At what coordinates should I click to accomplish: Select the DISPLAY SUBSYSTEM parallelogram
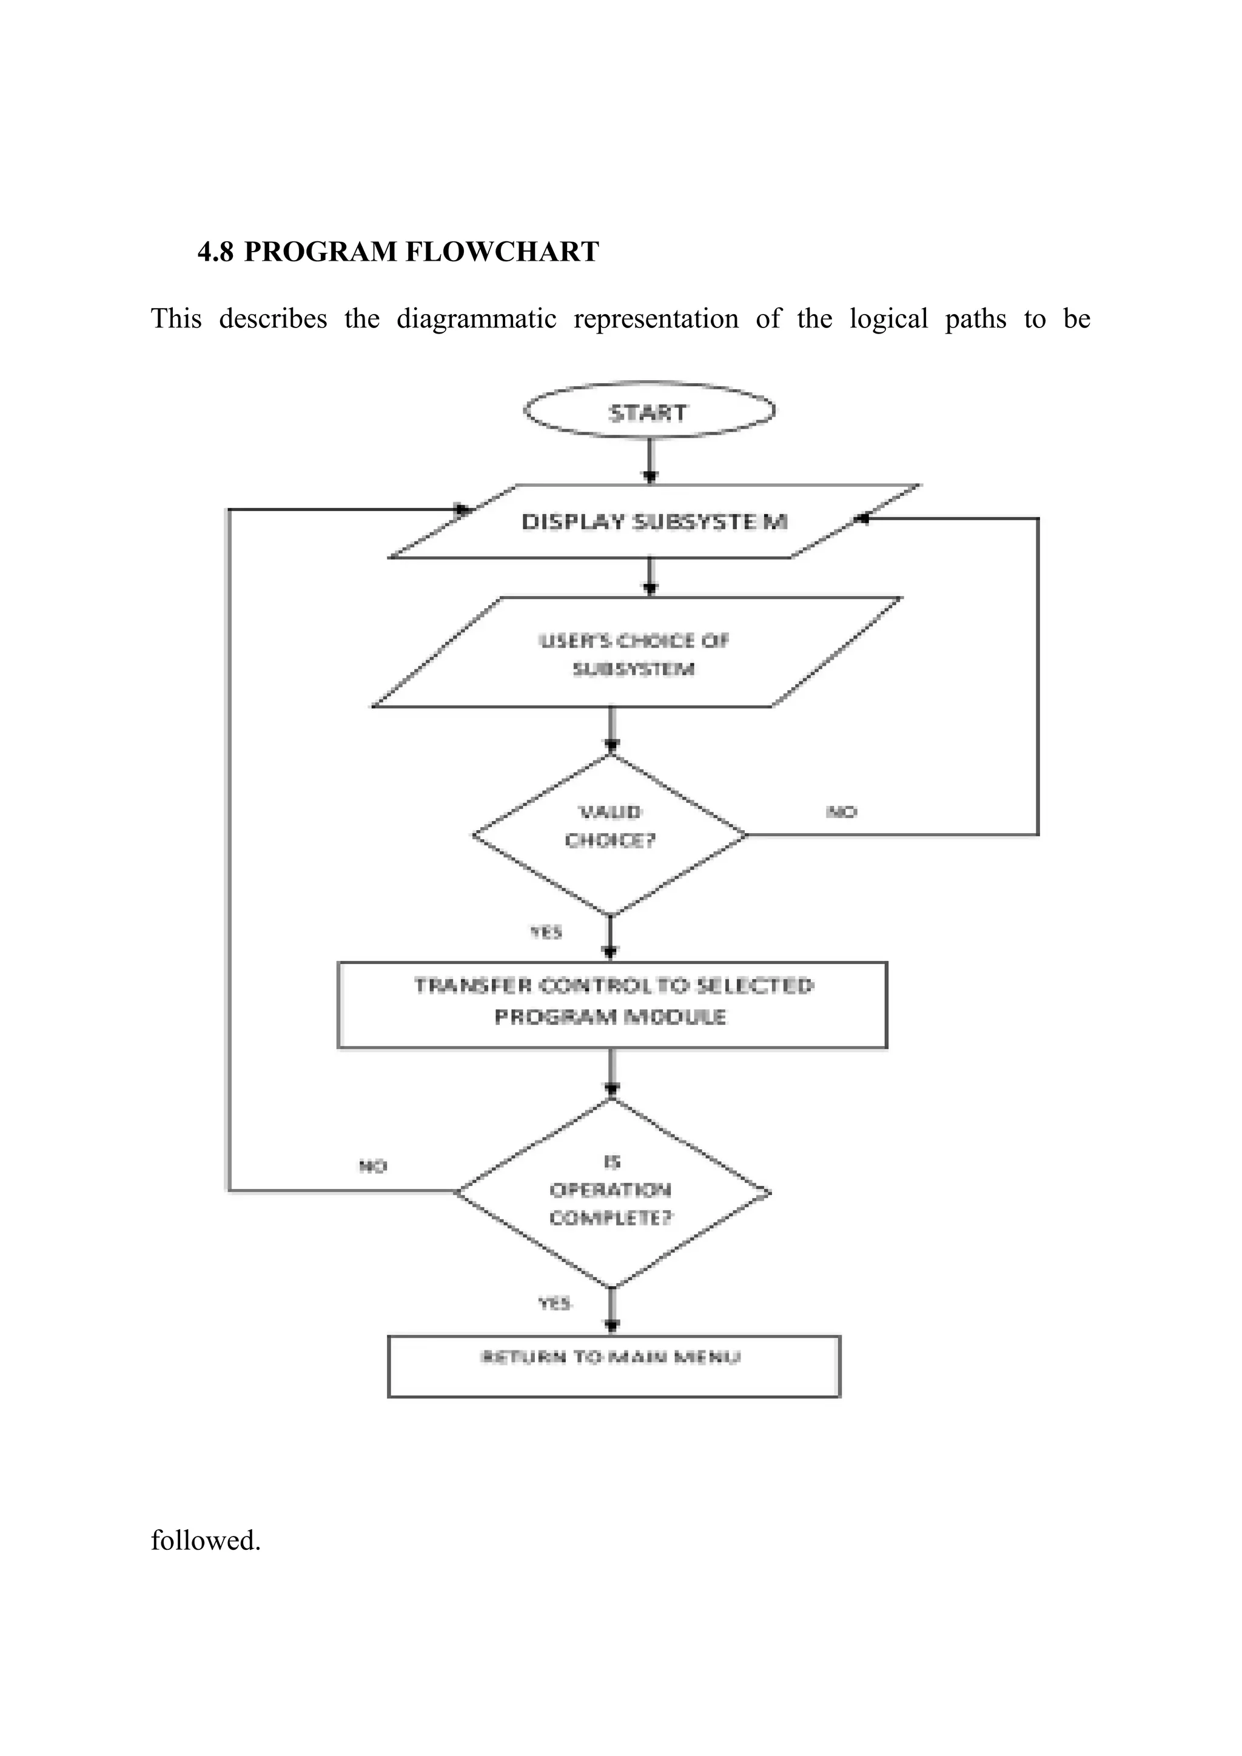click(x=654, y=521)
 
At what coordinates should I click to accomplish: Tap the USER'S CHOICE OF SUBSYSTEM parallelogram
click(x=635, y=654)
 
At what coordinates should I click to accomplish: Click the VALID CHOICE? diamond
click(x=609, y=833)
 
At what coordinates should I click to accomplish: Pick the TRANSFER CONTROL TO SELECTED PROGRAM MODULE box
click(x=612, y=1004)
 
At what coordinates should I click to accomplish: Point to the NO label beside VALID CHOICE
click(x=841, y=811)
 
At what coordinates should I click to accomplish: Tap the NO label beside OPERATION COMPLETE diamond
click(x=373, y=1165)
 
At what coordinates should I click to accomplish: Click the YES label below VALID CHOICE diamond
click(x=546, y=931)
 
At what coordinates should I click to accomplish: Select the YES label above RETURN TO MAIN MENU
click(x=554, y=1302)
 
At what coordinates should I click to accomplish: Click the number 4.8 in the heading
click(x=216, y=252)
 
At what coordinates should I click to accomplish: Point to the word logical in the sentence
click(x=888, y=318)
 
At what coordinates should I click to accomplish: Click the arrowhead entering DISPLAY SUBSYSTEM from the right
click(x=862, y=518)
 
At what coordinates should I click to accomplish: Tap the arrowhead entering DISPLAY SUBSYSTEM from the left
click(x=463, y=509)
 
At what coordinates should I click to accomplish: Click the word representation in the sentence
click(x=656, y=318)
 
